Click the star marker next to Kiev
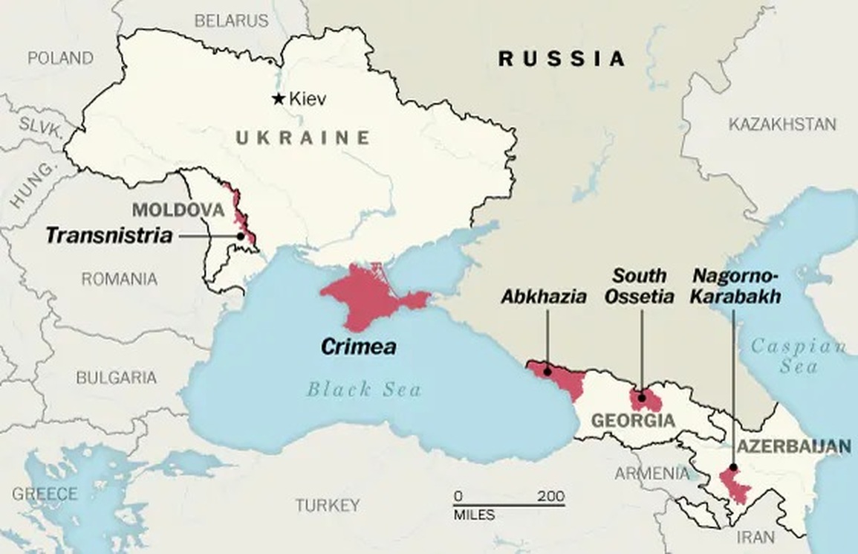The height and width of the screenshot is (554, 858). (279, 98)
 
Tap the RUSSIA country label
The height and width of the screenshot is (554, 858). (562, 59)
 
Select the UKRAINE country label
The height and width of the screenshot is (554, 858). (303, 138)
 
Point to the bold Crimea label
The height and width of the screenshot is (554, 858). (359, 347)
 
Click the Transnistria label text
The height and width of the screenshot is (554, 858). (109, 236)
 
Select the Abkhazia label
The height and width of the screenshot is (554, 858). (543, 296)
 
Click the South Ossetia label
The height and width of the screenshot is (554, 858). (639, 286)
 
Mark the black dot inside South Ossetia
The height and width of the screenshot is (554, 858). (642, 398)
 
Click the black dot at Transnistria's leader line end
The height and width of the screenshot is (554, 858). (241, 236)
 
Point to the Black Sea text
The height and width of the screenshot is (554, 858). (364, 389)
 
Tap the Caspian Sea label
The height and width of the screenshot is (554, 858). (798, 355)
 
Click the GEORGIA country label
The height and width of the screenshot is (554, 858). (633, 422)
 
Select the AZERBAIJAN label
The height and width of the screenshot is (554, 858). (793, 446)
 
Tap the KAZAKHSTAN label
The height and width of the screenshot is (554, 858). (781, 124)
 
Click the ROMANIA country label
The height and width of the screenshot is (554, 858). (119, 280)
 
